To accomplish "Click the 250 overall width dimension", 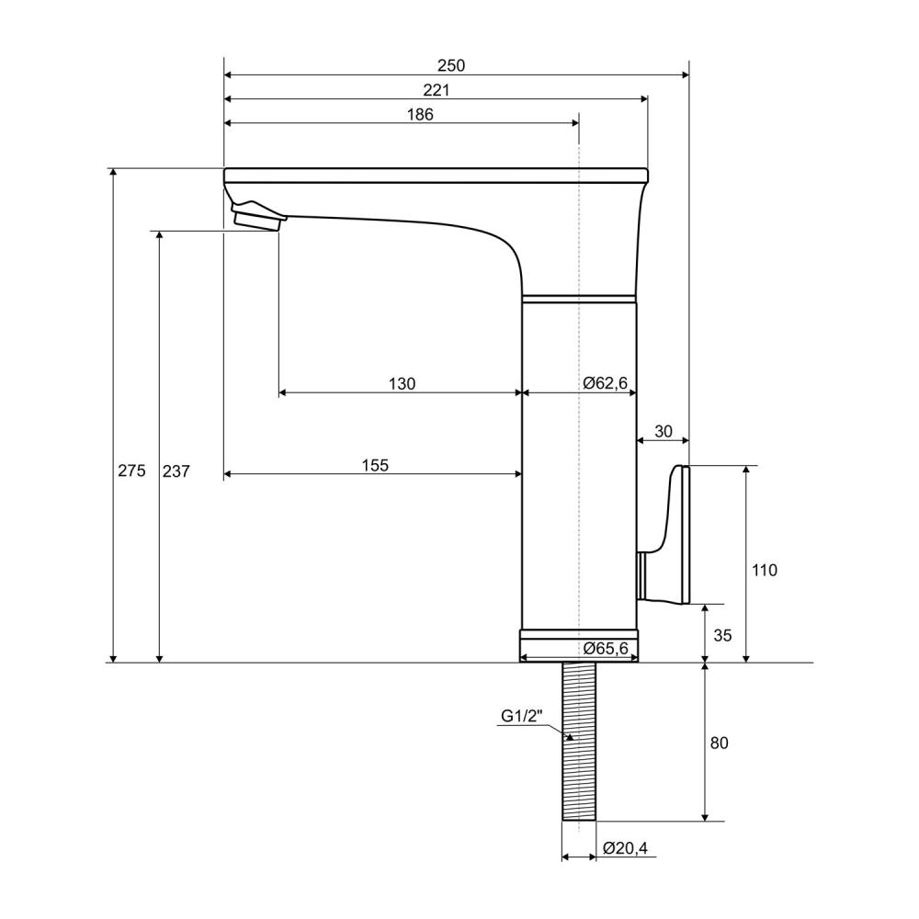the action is [450, 65].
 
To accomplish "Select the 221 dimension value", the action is [436, 90].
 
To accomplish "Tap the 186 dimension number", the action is [420, 114].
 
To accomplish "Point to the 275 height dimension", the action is [131, 470].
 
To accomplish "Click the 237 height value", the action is [176, 471].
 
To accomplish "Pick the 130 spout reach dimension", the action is [403, 384].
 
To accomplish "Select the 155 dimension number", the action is [375, 465].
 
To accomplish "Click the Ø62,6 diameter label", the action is [606, 382].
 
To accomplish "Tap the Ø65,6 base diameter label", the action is [606, 648].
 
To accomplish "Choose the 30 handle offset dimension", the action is [663, 431].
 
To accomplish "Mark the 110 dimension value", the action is [765, 570].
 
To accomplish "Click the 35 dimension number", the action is [722, 635].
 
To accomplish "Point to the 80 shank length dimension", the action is [720, 743].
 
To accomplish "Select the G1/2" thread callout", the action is [522, 716].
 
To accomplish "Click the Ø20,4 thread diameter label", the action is [625, 848].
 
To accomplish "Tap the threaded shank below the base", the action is [578, 742].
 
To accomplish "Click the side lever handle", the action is [668, 533].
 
